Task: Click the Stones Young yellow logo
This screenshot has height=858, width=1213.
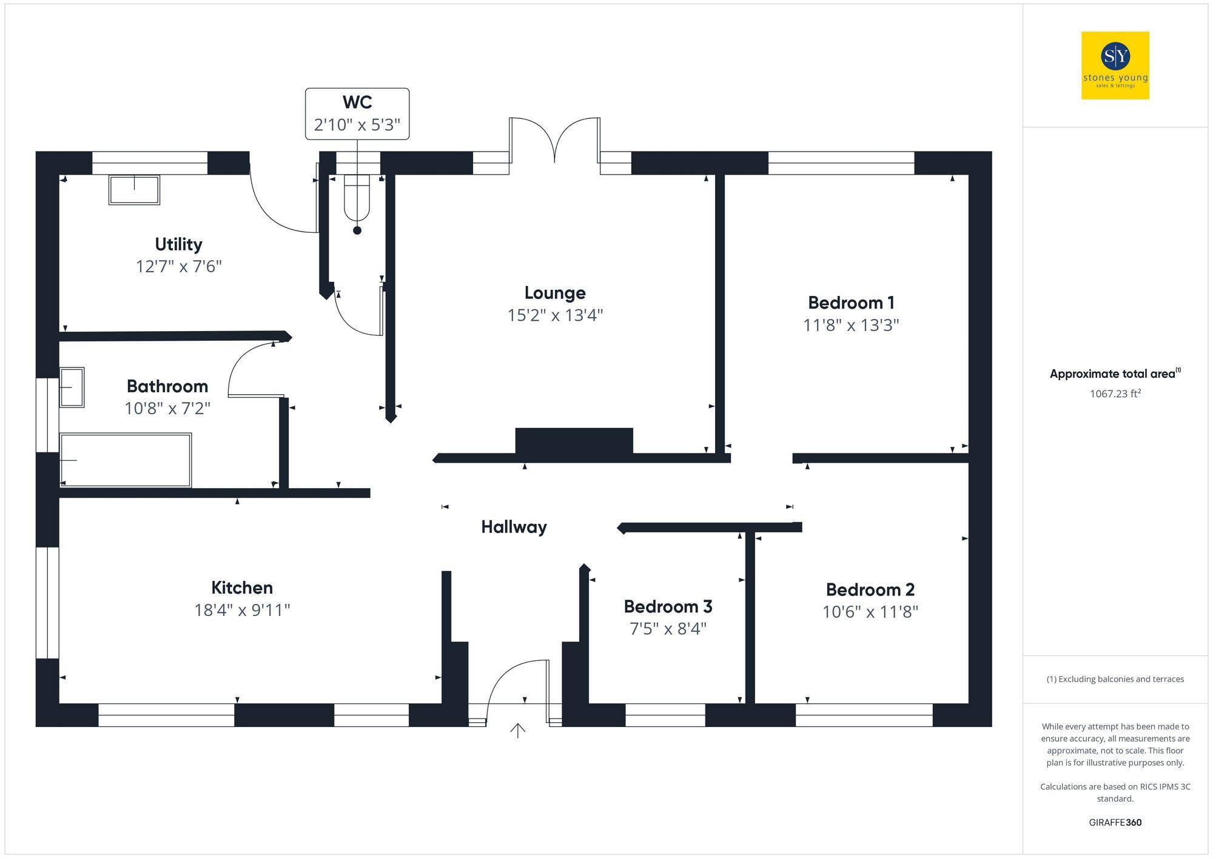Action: coord(1115,65)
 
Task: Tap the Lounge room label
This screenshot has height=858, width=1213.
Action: coord(555,293)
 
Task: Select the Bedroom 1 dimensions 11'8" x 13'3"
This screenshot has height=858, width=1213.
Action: coord(851,326)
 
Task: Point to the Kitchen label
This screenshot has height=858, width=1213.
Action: coord(242,588)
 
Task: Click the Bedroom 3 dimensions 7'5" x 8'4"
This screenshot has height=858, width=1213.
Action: coord(668,629)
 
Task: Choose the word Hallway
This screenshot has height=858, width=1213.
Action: coord(514,527)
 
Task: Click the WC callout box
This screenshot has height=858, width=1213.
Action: coord(357,114)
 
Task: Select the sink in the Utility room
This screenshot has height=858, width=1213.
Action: coord(134,190)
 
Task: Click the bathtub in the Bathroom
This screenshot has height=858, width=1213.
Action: coord(126,460)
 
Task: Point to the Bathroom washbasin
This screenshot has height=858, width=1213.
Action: coord(71,387)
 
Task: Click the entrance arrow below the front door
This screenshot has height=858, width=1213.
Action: coord(517,731)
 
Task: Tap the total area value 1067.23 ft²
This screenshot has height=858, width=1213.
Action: coord(1115,394)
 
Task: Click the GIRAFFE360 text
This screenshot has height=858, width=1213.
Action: coord(1115,822)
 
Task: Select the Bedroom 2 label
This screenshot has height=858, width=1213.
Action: coord(870,589)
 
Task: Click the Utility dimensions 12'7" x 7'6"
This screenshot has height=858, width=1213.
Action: coord(179,267)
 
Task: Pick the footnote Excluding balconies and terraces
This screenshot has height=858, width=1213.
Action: coord(1115,679)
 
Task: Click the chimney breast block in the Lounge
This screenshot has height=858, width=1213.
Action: coord(574,441)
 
